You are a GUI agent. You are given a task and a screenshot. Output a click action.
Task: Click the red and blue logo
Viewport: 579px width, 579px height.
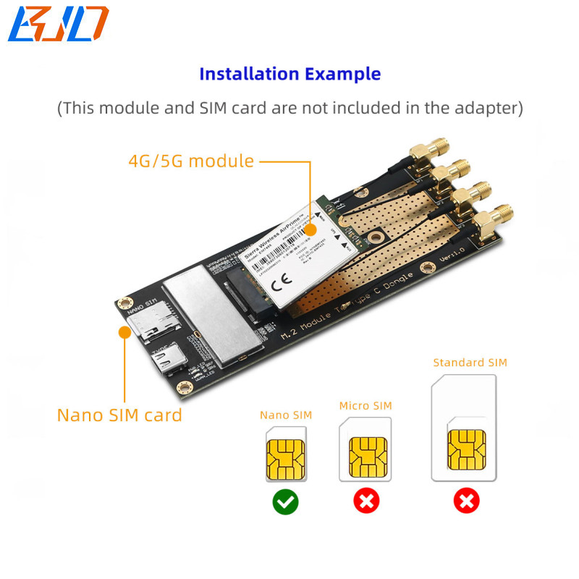[x=58, y=23]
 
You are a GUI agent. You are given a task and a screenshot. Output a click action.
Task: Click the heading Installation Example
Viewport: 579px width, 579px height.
[x=289, y=74]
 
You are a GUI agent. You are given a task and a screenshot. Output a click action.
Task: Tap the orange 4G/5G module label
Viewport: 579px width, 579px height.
[x=191, y=161]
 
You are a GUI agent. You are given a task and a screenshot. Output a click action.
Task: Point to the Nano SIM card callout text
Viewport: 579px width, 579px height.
[x=119, y=415]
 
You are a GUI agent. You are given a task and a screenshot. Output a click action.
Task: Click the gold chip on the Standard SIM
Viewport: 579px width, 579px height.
[x=466, y=449]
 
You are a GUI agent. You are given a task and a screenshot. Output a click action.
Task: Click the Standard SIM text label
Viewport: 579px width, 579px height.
[x=470, y=363]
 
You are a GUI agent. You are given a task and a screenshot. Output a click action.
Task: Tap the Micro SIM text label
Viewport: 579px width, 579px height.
[x=365, y=405]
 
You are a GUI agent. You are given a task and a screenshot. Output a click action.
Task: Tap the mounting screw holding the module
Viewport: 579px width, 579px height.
[x=375, y=235]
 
